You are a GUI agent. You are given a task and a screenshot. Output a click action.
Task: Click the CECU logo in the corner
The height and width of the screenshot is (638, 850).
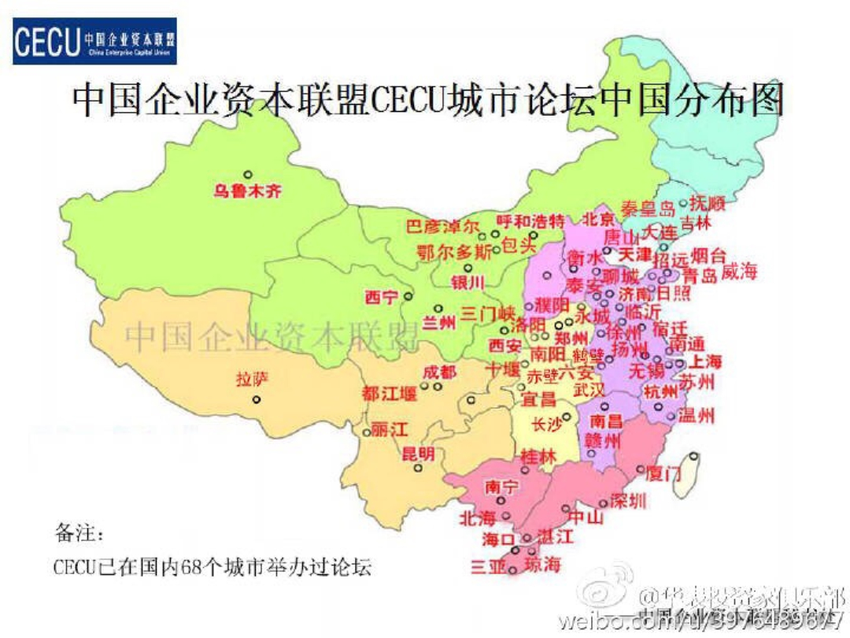tap(94, 41)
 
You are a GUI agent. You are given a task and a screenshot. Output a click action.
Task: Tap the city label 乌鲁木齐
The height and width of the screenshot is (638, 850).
tap(247, 191)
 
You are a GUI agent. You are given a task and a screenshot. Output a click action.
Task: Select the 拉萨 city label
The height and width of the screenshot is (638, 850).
tap(252, 379)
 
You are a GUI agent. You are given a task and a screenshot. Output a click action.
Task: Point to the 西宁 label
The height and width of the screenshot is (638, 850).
tap(382, 298)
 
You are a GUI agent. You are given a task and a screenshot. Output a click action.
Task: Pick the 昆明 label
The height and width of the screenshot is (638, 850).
tap(418, 454)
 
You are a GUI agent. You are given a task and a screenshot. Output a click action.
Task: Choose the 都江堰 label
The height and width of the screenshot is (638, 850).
tap(389, 393)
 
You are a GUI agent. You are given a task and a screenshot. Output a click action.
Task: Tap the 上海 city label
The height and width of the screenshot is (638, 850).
tap(705, 362)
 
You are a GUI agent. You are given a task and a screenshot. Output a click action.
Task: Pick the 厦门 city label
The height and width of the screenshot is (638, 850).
tap(662, 474)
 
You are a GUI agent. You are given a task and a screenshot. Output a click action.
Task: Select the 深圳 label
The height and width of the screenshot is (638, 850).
tap(627, 501)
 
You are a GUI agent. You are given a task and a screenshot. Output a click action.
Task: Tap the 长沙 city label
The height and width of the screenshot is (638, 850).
tap(547, 425)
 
